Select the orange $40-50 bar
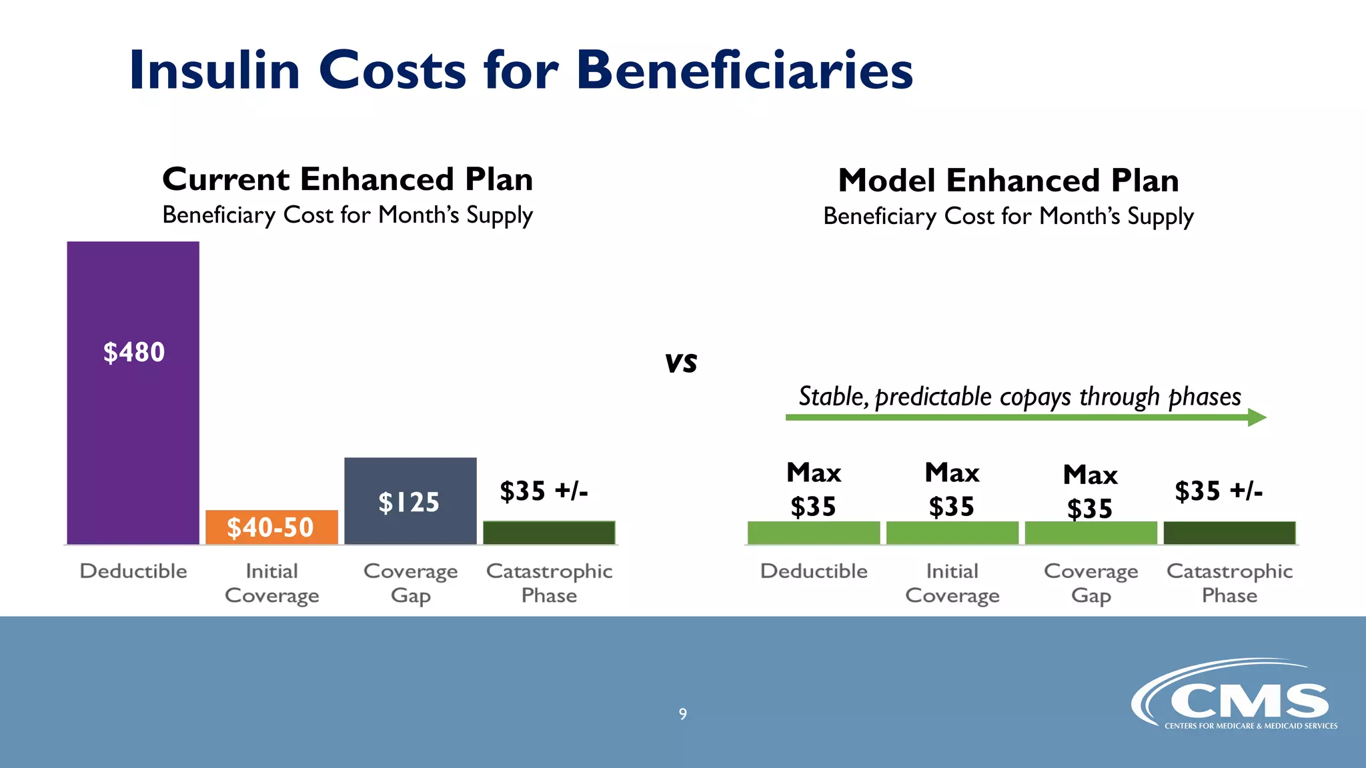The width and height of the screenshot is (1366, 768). click(271, 527)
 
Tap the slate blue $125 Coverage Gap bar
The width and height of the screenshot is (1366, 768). click(410, 501)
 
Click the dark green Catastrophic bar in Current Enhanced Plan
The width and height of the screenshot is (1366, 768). click(549, 533)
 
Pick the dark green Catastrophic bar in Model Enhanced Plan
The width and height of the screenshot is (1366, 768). click(1229, 533)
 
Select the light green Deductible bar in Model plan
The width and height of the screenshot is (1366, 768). click(814, 533)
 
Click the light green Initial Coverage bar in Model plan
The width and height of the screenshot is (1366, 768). click(952, 533)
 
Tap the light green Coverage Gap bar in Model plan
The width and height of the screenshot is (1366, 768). click(1091, 533)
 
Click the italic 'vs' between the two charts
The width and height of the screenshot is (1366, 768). click(681, 363)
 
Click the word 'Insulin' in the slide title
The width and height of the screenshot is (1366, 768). click(215, 71)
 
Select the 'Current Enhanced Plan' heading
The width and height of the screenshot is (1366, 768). click(348, 179)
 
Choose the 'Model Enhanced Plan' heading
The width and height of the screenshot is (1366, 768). click(1008, 181)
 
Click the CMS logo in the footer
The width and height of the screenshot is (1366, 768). click(1234, 697)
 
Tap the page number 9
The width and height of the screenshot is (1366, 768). click(682, 714)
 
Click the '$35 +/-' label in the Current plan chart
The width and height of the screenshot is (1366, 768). click(544, 491)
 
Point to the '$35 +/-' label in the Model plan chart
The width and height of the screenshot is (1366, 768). click(1218, 491)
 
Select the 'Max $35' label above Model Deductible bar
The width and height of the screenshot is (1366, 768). click(814, 489)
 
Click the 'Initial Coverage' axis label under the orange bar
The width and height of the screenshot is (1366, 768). click(271, 583)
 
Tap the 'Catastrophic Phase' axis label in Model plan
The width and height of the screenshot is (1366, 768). click(1229, 583)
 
